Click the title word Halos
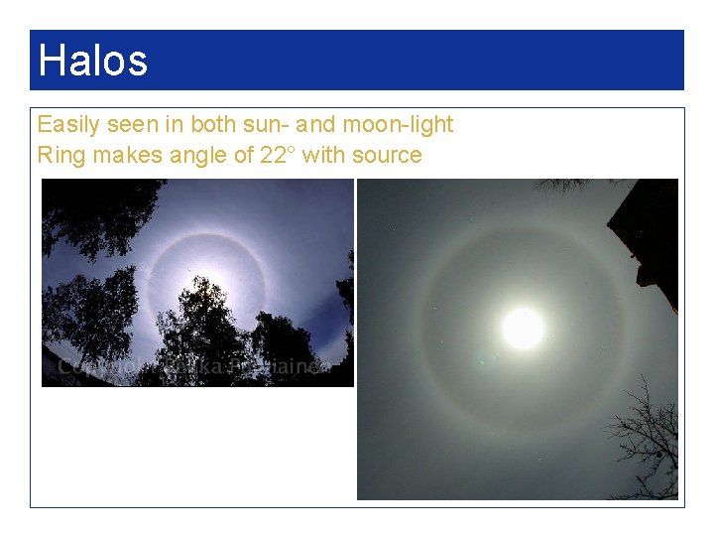(92, 61)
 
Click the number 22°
(279, 155)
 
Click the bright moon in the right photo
(522, 329)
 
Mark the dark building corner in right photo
(647, 238)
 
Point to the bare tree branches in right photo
(643, 437)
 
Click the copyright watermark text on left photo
(198, 367)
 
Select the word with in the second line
(323, 155)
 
